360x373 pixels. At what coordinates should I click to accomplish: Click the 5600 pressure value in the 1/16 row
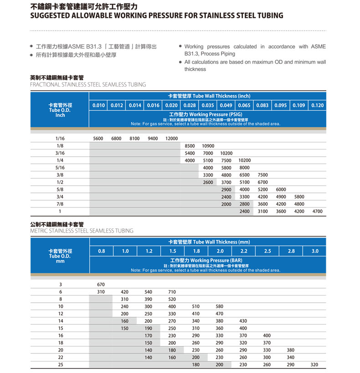(x=98, y=138)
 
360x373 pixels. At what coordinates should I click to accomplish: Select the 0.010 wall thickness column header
(x=98, y=105)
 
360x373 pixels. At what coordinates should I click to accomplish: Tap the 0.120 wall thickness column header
(x=318, y=105)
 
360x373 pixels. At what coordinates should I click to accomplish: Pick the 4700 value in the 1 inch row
(x=318, y=211)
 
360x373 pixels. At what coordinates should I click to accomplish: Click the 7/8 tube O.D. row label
(x=60, y=204)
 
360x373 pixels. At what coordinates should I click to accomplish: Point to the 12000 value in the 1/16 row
(x=171, y=138)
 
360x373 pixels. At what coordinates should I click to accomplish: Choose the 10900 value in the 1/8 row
(x=208, y=145)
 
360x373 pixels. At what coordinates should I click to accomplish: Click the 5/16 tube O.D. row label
(x=60, y=167)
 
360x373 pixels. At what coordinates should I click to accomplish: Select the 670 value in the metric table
(x=101, y=284)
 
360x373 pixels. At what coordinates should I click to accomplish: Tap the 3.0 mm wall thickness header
(x=315, y=251)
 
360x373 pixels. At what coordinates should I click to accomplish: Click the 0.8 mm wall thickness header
(x=101, y=251)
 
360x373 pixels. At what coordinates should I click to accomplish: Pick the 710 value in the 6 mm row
(x=172, y=291)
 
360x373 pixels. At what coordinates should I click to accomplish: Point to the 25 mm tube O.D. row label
(x=60, y=364)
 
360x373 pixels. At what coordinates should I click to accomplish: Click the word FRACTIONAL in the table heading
(x=45, y=84)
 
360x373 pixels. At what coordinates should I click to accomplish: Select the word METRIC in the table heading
(x=40, y=230)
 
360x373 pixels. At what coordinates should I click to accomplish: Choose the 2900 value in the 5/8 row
(x=226, y=189)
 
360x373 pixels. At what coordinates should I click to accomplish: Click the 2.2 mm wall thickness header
(x=244, y=251)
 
